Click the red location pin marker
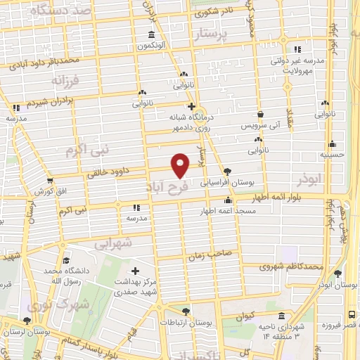[181, 165]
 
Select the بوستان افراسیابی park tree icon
[227, 171]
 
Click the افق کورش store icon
[49, 181]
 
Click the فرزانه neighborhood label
[67, 81]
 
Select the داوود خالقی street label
[110, 169]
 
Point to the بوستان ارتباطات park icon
[185, 311]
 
